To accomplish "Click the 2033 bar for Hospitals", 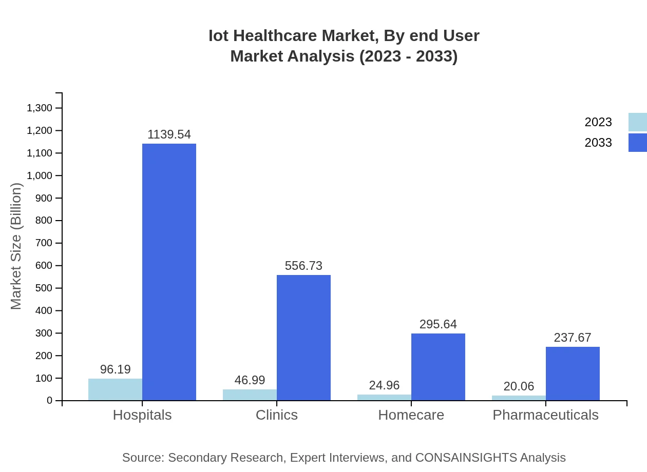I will coord(169,272).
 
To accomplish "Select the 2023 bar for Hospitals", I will coord(115,389).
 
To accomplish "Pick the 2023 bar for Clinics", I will coord(250,395).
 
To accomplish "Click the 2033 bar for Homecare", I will coord(438,367).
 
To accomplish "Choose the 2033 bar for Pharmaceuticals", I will coord(573,373).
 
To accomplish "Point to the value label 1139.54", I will coord(169,134).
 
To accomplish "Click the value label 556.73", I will coord(303,266).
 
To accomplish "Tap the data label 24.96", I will coord(384,385).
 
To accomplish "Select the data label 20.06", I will coord(519,386).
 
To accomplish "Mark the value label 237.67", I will coord(573,338).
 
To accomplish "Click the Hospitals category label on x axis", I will coord(142,415).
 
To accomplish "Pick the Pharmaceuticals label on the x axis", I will coord(545,415).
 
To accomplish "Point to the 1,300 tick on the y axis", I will coord(40,108).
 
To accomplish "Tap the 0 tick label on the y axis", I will coord(50,401).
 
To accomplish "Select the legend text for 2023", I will coord(598,122).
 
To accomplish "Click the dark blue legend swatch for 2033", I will coord(637,143).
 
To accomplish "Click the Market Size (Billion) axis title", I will coord(16,246).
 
